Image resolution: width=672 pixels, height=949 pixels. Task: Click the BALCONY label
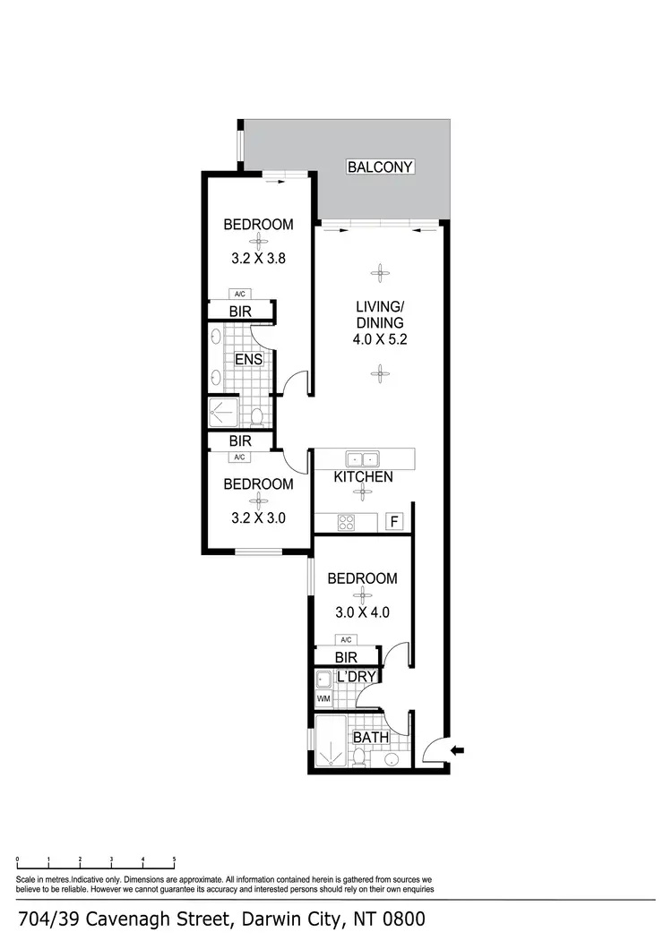pos(380,167)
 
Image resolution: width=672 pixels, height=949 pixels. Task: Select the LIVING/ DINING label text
pos(380,315)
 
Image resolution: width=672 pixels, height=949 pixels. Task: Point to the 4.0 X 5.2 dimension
pos(380,340)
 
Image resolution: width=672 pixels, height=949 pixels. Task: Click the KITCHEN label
pos(363,477)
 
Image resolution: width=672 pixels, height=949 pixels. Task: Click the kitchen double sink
pos(363,459)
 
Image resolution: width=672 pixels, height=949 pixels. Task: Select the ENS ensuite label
pos(247,360)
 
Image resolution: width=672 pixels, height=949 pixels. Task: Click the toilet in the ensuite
pos(257,416)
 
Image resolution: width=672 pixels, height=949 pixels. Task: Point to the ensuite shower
pos(223,412)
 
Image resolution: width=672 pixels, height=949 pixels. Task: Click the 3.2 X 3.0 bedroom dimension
pos(258,517)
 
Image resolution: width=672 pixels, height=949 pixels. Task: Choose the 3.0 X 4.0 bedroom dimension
pos(362,613)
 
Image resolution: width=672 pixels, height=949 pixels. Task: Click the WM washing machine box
pos(323,698)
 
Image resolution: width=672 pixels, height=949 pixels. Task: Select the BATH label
pos(369,738)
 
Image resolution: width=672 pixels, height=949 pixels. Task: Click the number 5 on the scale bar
pos(174,859)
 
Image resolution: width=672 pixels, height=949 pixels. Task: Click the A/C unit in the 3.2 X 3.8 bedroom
pos(239,294)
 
